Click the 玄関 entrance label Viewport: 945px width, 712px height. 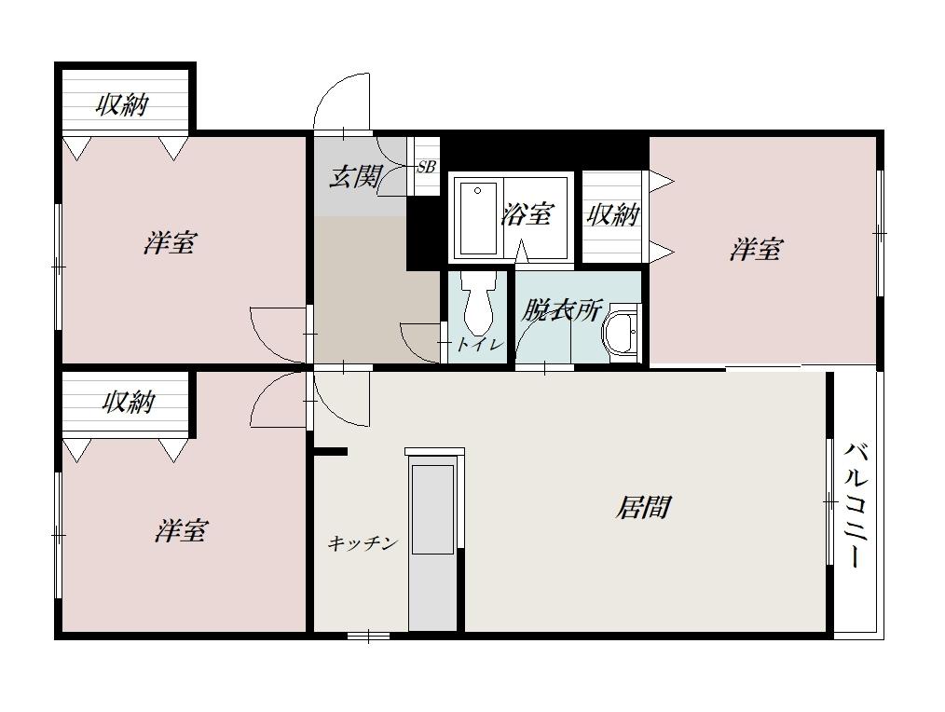(x=354, y=176)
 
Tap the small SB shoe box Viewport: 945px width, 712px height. (x=427, y=168)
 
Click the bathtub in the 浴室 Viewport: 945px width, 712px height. (x=478, y=218)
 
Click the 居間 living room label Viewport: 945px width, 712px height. (x=643, y=508)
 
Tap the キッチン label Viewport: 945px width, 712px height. (x=363, y=543)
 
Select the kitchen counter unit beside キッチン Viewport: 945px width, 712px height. (x=433, y=541)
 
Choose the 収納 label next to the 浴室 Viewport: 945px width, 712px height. (x=612, y=214)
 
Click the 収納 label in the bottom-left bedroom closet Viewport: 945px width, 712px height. (x=128, y=403)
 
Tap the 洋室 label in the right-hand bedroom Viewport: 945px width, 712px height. (x=756, y=249)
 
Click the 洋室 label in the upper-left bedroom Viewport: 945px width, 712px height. (x=170, y=243)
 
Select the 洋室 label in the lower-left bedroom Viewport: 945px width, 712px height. (x=181, y=531)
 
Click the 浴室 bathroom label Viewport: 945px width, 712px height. (x=527, y=214)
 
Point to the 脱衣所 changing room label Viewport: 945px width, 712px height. (x=560, y=310)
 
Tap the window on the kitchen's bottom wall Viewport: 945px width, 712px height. (x=368, y=637)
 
